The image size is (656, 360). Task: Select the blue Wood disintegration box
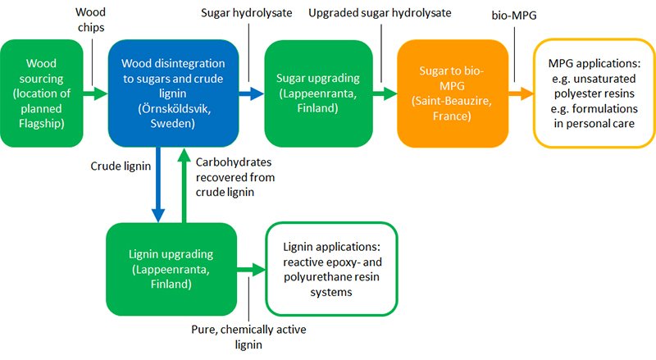(171, 90)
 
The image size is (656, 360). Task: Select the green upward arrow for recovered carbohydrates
(183, 185)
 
